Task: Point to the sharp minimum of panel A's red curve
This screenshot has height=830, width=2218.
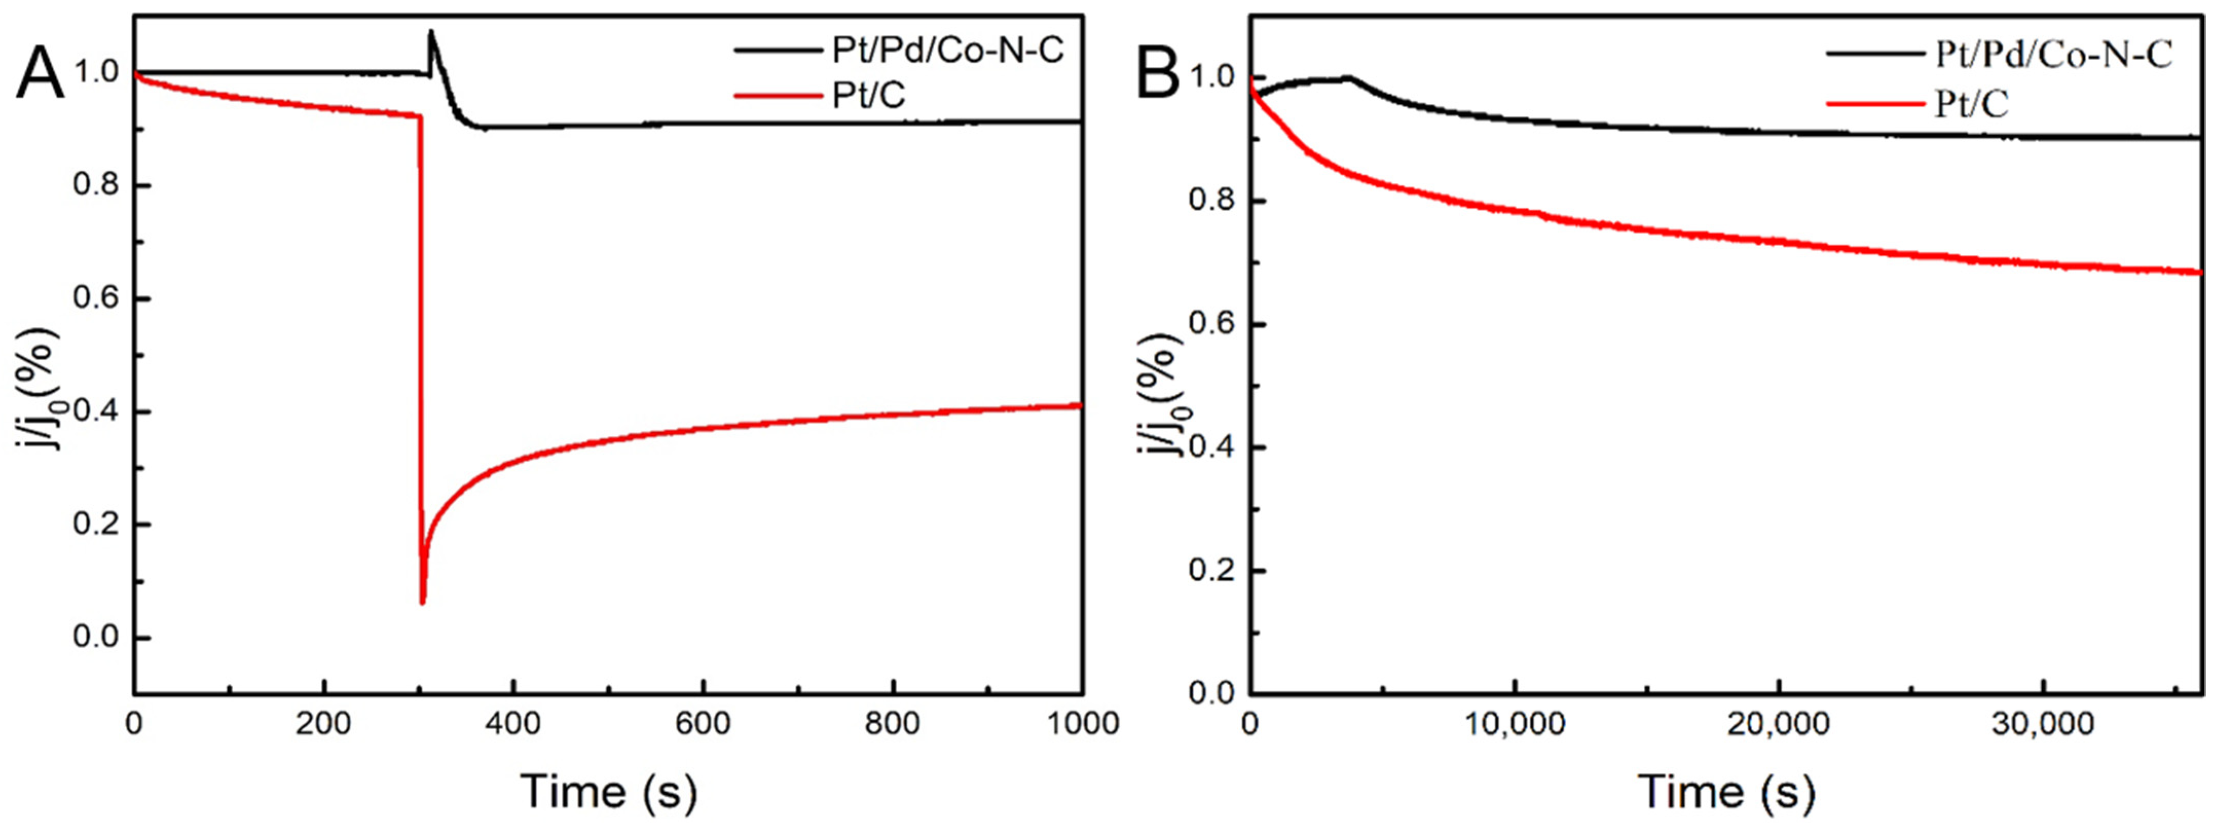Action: coord(422,603)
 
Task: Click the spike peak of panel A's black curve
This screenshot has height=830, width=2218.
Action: coord(431,32)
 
